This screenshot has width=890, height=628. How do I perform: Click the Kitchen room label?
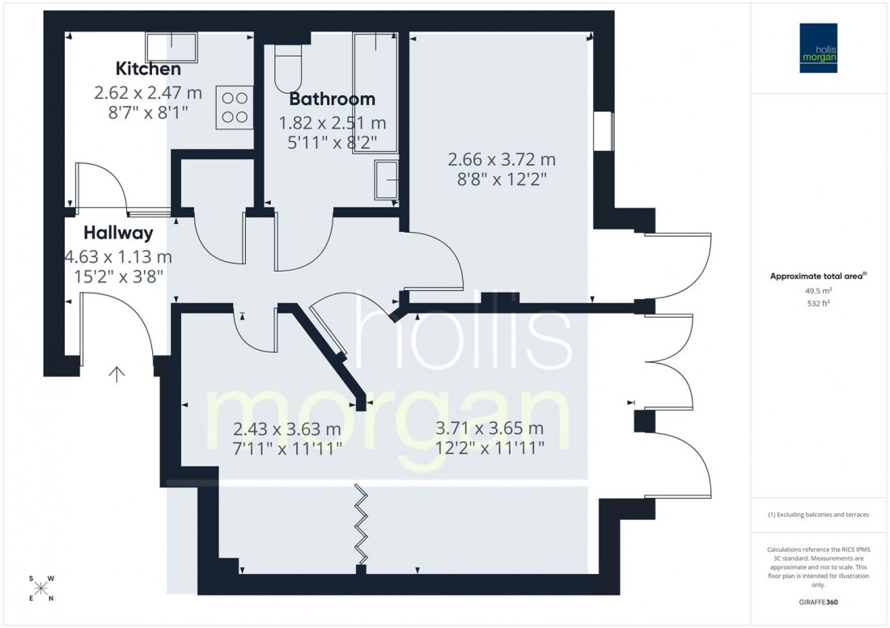148,69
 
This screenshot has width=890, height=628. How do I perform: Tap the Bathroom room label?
332,99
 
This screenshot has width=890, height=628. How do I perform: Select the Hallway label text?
118,234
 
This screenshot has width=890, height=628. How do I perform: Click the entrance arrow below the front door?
117,373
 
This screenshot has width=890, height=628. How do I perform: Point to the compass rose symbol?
41,588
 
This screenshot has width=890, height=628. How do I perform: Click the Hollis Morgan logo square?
820,48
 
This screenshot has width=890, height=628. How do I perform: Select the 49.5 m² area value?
820,290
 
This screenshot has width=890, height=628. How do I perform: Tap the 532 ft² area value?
820,304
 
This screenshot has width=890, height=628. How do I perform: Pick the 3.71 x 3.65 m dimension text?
489,428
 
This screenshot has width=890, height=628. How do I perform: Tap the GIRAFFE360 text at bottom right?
820,604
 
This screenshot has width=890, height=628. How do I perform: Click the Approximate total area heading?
818,276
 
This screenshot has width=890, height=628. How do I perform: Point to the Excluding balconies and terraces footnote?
820,515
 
